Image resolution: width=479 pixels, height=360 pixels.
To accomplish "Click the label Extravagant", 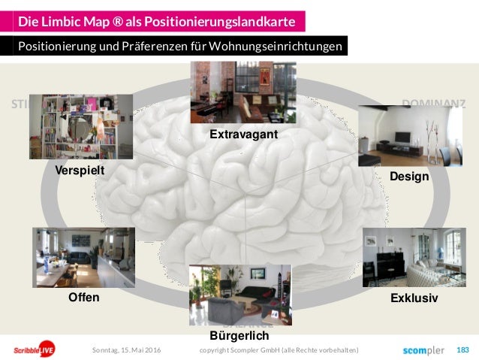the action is [243, 135].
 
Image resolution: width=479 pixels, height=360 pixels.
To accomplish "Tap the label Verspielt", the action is [79, 171].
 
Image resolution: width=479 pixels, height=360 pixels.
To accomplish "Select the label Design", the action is [409, 177].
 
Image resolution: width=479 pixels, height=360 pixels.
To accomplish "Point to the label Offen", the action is [83, 297].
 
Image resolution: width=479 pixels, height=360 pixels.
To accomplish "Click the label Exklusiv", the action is [414, 298].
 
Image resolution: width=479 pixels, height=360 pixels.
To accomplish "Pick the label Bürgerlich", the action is [239, 335].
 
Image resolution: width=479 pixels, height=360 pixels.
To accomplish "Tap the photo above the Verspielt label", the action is [86, 126].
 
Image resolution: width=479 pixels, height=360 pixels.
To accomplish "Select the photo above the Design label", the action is [405, 136].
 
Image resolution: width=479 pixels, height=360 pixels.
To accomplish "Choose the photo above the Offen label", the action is [83, 257].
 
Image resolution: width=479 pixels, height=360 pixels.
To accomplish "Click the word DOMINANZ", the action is [434, 104].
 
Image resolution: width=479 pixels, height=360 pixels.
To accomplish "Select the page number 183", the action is [462, 350].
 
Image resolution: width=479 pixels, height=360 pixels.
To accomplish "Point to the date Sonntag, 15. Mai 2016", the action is [125, 350].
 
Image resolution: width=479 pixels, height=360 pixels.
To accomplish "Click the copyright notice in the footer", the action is [279, 350].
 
